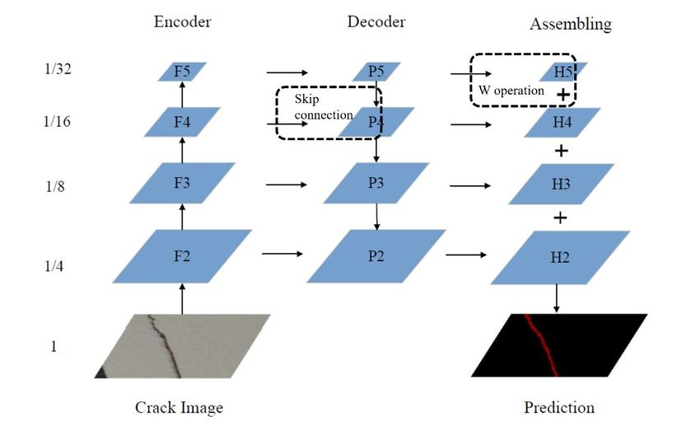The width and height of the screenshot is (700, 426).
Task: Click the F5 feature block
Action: coord(182,72)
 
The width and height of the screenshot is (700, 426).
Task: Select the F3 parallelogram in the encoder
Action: coord(182,183)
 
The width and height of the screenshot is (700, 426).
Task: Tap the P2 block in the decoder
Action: coord(376,256)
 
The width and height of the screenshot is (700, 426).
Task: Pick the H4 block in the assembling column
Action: coord(562,122)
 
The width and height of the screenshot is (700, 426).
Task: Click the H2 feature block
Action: coord(560,257)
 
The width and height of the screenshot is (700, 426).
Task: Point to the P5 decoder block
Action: coord(376,72)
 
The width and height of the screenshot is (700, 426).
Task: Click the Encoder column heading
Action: coord(182,21)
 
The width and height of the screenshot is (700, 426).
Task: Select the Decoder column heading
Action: coord(376,21)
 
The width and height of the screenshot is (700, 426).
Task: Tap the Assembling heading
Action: coord(571,24)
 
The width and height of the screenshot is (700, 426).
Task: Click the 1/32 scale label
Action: coord(58,68)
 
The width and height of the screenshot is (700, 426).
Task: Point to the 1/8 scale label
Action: coord(55,185)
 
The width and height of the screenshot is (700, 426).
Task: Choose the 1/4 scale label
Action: coord(54,266)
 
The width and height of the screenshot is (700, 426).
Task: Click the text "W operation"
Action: coord(511,91)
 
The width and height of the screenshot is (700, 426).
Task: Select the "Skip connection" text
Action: coord(324,107)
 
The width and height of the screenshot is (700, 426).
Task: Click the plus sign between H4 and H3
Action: coord(561,151)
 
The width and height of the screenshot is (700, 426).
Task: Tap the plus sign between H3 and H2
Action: coord(560,218)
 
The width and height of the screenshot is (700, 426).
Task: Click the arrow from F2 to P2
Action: coord(282,254)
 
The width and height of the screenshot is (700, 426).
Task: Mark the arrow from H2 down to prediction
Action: coord(556,298)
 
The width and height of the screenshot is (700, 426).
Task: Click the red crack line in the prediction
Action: coord(542,344)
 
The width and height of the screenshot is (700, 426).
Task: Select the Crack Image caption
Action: coord(179,407)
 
